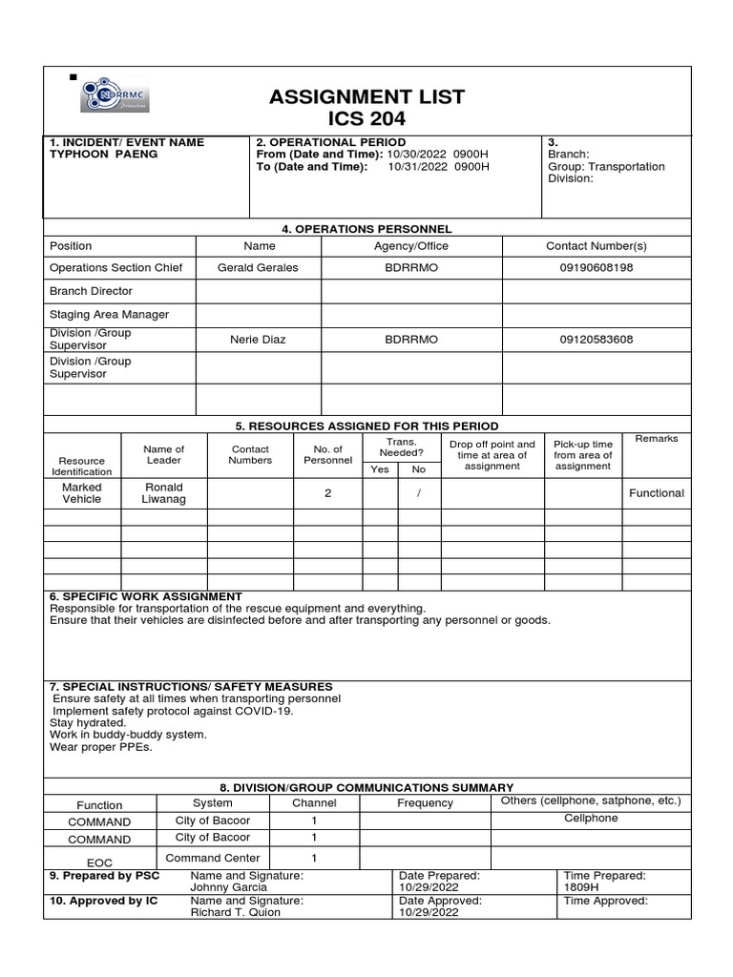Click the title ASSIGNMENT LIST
point(366,96)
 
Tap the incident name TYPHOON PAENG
point(103,154)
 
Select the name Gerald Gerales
point(258,268)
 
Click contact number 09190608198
point(596,268)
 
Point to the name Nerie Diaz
point(258,340)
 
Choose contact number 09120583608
point(596,340)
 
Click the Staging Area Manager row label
point(109,314)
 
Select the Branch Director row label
point(91,291)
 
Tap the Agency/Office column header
point(410,246)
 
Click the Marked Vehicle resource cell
point(81,493)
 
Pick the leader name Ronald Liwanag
point(163,493)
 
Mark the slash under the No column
point(418,493)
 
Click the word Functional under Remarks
point(656,493)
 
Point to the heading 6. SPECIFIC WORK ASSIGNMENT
point(145,596)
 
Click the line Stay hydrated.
point(87,723)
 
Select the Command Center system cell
point(212,858)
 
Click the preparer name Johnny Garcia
point(222,887)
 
